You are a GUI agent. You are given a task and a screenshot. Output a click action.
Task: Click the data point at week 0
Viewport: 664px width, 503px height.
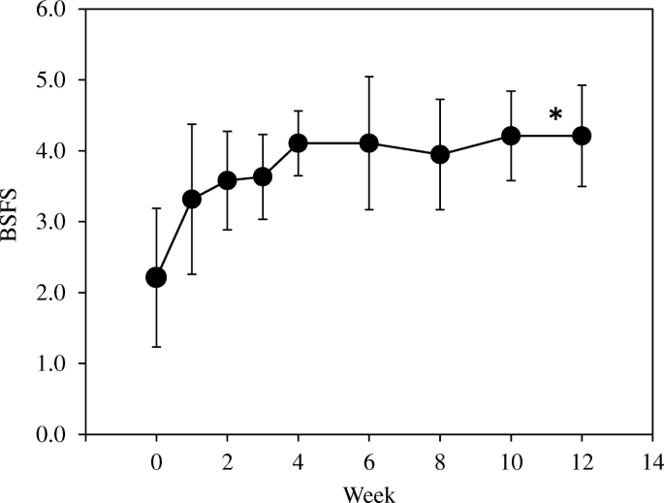click(156, 277)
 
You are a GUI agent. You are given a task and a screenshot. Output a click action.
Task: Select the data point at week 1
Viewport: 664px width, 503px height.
click(192, 199)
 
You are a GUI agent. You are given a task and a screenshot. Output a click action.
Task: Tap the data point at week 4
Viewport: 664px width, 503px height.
click(298, 142)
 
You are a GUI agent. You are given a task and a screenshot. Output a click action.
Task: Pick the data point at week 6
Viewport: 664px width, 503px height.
click(368, 142)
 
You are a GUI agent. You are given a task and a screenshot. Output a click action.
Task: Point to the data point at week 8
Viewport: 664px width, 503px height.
click(439, 154)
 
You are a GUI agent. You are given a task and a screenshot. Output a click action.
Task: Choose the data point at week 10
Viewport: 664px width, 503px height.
click(511, 136)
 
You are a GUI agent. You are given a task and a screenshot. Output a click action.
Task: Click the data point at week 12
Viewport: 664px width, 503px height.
click(582, 136)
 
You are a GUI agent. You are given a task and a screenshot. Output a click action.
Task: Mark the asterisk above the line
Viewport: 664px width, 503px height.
click(555, 115)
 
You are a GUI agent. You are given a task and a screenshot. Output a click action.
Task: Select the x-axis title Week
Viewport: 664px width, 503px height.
click(368, 492)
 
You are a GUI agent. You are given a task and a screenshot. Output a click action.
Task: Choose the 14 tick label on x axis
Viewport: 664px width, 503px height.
click(652, 459)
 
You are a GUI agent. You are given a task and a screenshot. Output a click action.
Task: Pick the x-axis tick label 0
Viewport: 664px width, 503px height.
click(156, 459)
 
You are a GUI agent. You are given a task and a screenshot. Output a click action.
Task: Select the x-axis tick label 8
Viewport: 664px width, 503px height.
click(439, 459)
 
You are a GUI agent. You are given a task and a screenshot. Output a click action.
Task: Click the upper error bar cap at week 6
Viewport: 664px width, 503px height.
click(368, 76)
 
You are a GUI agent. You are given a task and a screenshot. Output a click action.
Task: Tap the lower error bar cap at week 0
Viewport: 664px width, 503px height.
click(156, 347)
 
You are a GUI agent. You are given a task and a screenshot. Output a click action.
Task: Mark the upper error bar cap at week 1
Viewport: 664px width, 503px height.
click(192, 124)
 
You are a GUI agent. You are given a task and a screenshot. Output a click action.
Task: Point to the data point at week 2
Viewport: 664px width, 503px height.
click(227, 180)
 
